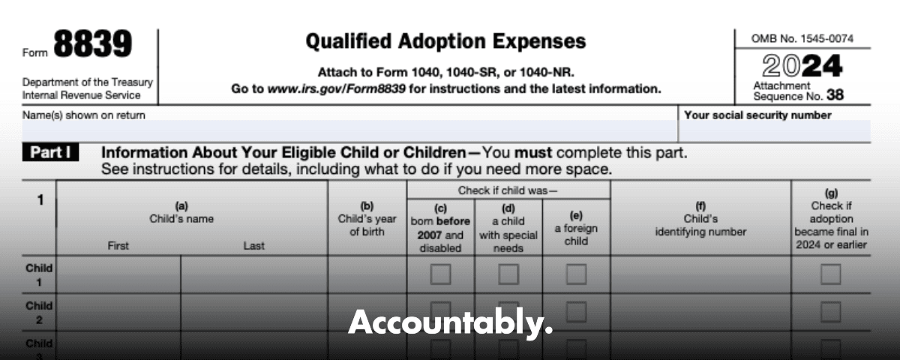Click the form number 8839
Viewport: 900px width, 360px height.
click(93, 43)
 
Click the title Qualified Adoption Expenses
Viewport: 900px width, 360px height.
click(446, 41)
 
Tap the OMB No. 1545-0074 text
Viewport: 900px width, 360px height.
click(802, 38)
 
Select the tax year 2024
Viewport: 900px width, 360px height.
click(802, 65)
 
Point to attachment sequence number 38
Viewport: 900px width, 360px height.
click(835, 95)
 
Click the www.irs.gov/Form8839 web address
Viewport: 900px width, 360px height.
click(337, 88)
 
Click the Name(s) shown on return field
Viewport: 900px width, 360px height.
click(349, 131)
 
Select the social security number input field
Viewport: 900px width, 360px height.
click(775, 131)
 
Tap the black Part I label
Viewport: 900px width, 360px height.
click(51, 152)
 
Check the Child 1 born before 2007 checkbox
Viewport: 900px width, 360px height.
click(440, 274)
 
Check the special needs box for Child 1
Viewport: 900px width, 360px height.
click(508, 274)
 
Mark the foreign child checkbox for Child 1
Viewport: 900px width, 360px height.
click(576, 274)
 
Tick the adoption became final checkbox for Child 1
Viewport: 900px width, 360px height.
click(830, 274)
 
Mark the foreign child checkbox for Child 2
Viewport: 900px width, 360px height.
click(576, 312)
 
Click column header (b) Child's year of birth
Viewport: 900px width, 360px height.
click(367, 219)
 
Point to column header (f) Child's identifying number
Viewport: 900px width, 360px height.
click(700, 219)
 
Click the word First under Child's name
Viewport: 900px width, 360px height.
click(118, 245)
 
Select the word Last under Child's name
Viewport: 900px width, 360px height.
click(254, 245)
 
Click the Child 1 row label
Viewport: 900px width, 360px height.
click(39, 274)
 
